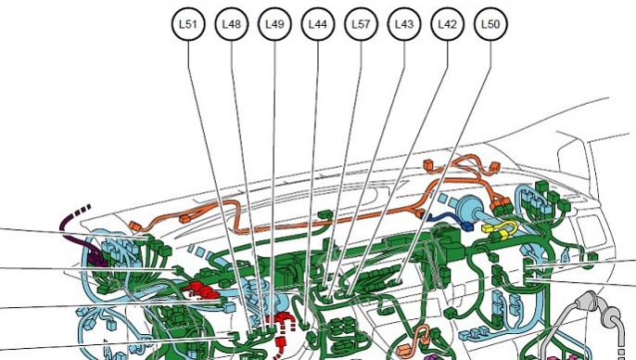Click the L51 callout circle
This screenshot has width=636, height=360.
click(x=188, y=24)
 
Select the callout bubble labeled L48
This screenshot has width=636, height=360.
click(x=232, y=24)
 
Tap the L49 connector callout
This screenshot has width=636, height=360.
click(x=274, y=24)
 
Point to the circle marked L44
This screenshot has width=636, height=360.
click(x=318, y=24)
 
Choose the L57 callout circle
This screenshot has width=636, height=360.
click(x=361, y=24)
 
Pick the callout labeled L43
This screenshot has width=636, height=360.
click(x=404, y=24)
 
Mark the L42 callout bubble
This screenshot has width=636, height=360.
click(x=448, y=24)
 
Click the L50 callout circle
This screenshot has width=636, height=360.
click(x=490, y=24)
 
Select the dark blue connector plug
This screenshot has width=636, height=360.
click(x=467, y=226)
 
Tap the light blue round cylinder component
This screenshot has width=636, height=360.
click(x=466, y=207)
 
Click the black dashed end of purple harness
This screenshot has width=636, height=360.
click(x=83, y=210)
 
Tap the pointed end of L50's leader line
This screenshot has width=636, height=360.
click(x=399, y=282)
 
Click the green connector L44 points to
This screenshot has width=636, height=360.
click(x=305, y=325)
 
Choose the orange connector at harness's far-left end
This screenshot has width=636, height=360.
click(x=134, y=225)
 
